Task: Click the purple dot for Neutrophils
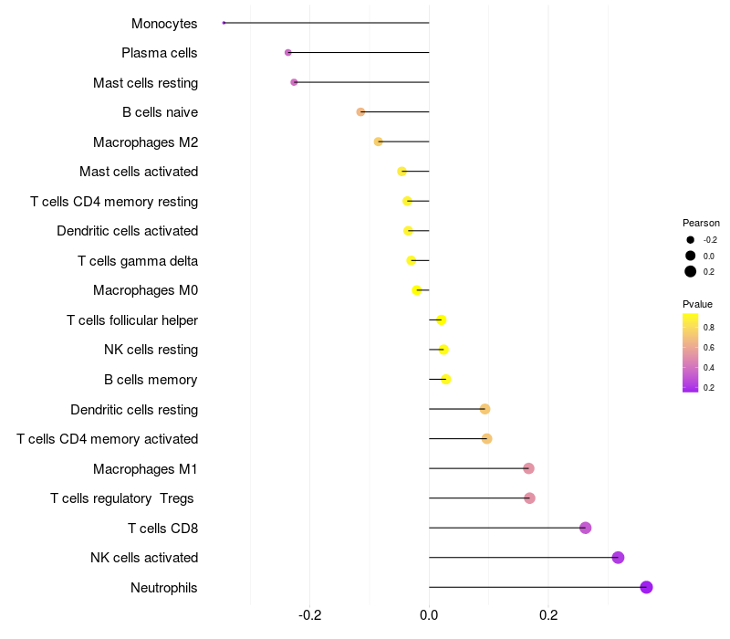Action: pyautogui.click(x=646, y=587)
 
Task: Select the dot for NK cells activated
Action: pyautogui.click(x=618, y=558)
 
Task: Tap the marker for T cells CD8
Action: pyautogui.click(x=585, y=528)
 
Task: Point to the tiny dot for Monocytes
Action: pyautogui.click(x=224, y=23)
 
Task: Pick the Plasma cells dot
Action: pyautogui.click(x=288, y=53)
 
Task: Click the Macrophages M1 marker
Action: pyautogui.click(x=528, y=468)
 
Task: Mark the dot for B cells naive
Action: pyautogui.click(x=360, y=112)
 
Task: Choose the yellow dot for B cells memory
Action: pyautogui.click(x=445, y=380)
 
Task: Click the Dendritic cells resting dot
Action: pyautogui.click(x=485, y=409)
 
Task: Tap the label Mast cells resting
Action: pyautogui.click(x=145, y=83)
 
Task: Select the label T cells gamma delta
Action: pyautogui.click(x=138, y=261)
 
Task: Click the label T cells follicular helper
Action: pyautogui.click(x=132, y=320)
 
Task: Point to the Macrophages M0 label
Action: pyautogui.click(x=145, y=290)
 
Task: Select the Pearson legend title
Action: pyautogui.click(x=701, y=223)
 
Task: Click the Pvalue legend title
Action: pyautogui.click(x=697, y=304)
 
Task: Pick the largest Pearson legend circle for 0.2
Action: pyautogui.click(x=691, y=271)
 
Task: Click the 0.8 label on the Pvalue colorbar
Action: pyautogui.click(x=708, y=328)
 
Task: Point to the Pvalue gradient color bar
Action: pyautogui.click(x=691, y=352)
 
